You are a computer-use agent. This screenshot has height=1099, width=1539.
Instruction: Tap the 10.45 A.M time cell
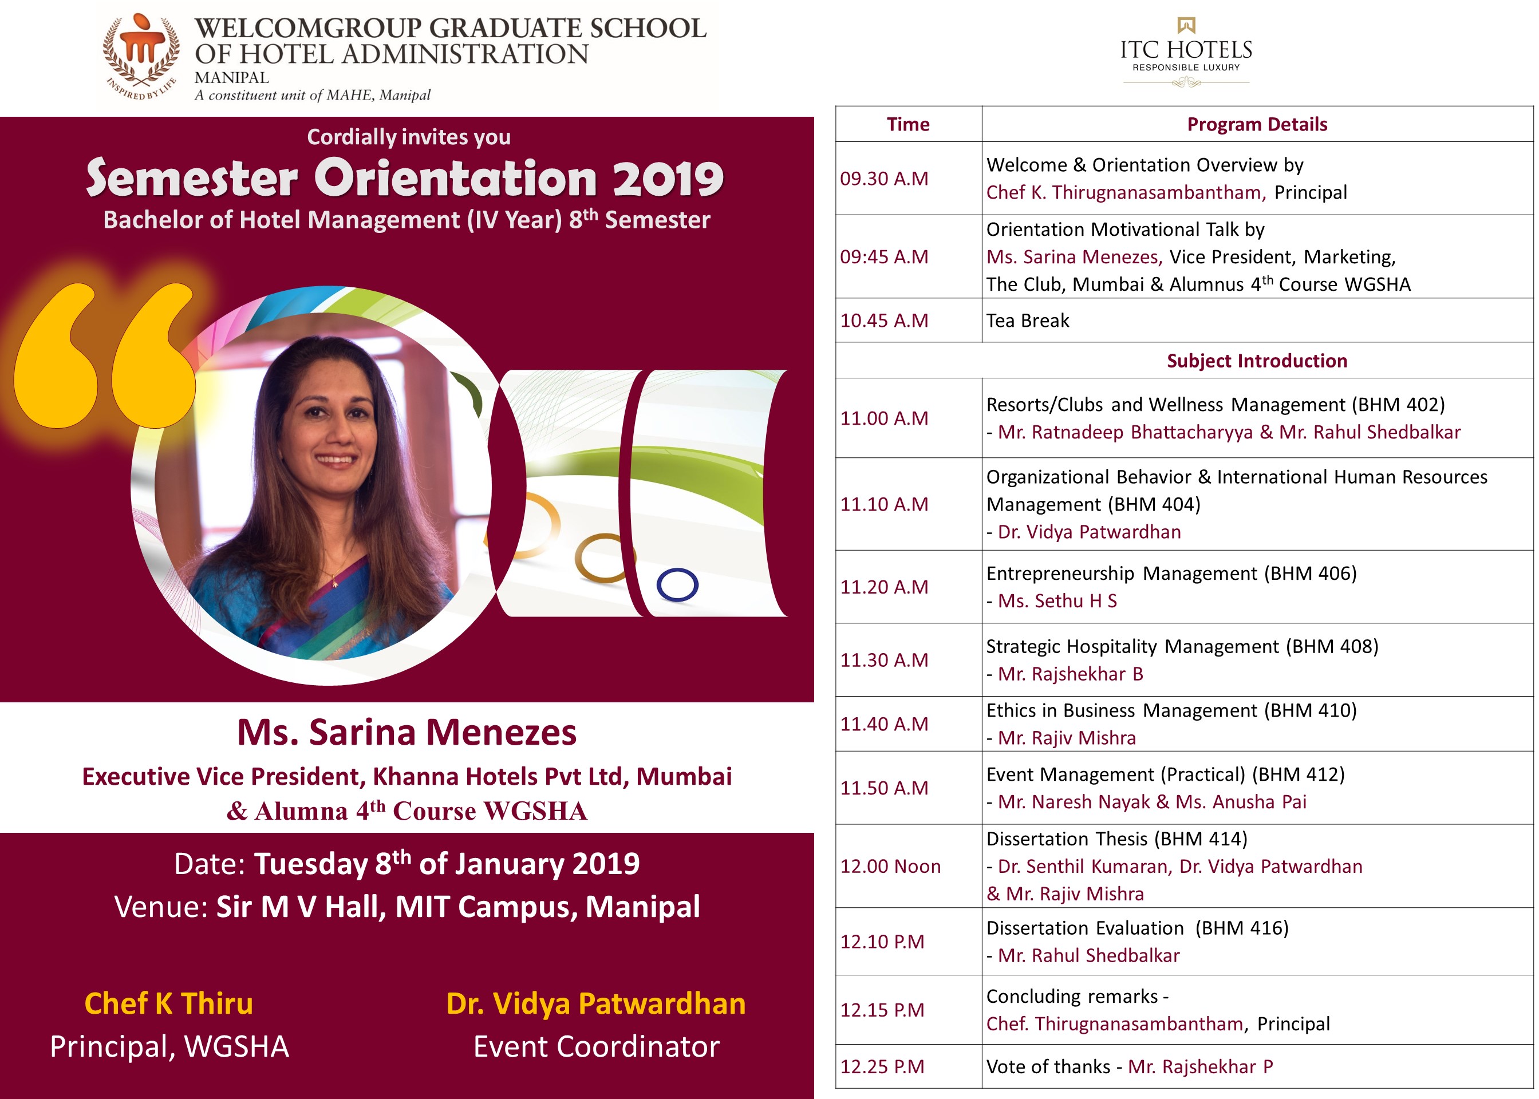884,320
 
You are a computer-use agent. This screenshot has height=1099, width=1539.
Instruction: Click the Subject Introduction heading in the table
1256,361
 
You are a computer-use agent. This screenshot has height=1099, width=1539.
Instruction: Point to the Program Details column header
1257,125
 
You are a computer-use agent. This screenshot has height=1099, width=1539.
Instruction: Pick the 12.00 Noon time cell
890,866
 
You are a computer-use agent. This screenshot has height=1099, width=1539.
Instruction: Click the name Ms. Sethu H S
1057,601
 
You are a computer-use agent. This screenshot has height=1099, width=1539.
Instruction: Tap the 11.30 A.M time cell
884,660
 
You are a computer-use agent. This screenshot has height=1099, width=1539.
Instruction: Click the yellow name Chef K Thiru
168,1003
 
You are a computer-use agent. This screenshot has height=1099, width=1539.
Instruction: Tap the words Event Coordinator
595,1046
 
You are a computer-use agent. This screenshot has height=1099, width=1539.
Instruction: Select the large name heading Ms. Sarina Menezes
407,732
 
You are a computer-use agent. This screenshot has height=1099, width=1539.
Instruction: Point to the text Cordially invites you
409,137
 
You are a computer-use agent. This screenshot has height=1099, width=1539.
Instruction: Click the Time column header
907,125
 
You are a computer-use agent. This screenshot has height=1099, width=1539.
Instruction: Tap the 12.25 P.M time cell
882,1066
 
